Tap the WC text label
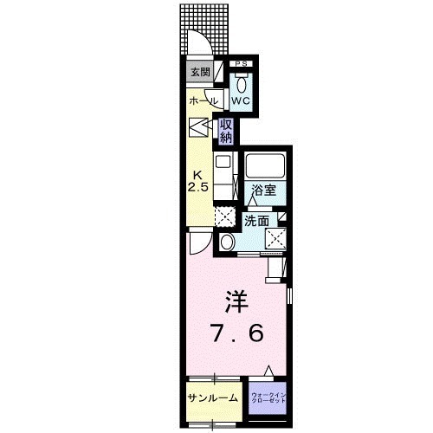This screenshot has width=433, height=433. (240, 100)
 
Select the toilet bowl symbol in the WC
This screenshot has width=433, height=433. (240, 84)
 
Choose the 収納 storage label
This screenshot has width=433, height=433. (226, 132)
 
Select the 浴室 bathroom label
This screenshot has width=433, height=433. (263, 191)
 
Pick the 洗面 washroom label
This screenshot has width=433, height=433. (255, 221)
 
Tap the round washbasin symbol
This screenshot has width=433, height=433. (227, 242)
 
